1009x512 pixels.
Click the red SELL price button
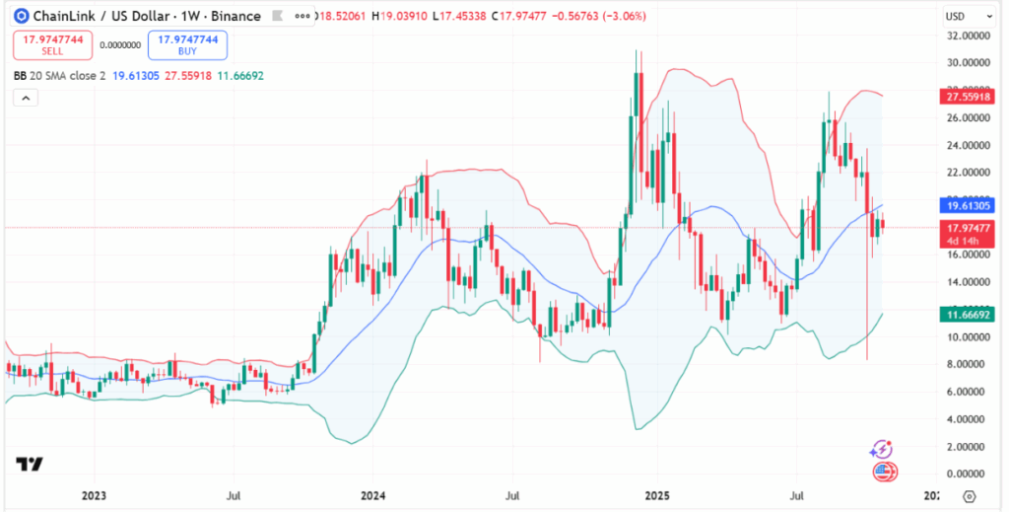(52, 44)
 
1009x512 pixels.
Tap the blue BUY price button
(187, 44)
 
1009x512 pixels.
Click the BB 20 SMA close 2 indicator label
(59, 75)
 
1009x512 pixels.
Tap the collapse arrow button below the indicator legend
(26, 98)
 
